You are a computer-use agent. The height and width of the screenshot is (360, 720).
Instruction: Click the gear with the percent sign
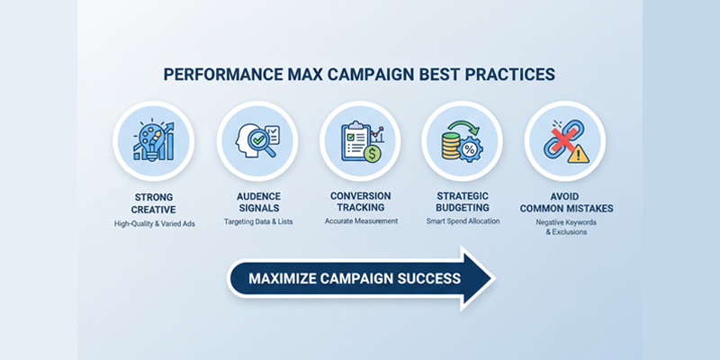[x=471, y=148]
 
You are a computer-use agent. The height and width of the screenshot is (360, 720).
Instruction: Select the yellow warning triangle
[x=579, y=154]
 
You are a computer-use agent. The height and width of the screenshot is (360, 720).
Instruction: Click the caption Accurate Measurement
[x=360, y=221]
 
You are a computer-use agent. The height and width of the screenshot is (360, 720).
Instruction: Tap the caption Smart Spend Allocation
[x=462, y=221]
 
